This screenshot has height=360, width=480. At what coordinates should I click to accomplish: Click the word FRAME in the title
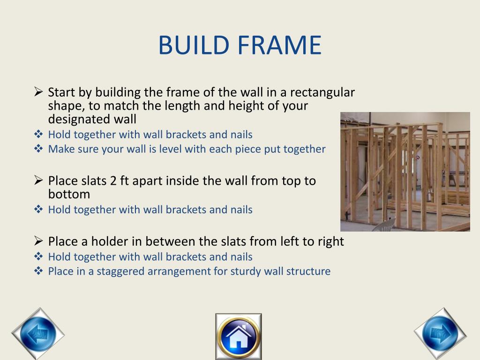(279, 45)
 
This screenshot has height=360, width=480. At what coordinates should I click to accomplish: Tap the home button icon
(238, 336)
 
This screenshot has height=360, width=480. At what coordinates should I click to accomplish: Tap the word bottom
(69, 194)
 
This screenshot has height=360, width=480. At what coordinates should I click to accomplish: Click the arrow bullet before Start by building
(39, 92)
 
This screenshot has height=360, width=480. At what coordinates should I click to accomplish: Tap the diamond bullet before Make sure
(39, 149)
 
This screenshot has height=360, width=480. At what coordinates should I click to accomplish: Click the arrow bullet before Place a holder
(39, 241)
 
